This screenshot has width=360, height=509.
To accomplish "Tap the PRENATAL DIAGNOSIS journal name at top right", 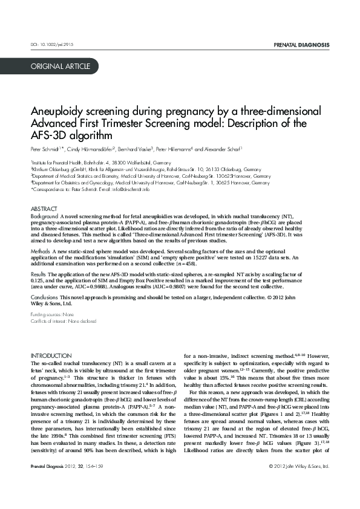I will click(x=301, y=45).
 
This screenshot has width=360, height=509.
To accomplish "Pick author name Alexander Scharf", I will click(x=221, y=149).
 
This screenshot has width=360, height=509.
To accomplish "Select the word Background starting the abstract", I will click(x=44, y=216).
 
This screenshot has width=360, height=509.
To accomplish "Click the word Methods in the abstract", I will click(x=40, y=250).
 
